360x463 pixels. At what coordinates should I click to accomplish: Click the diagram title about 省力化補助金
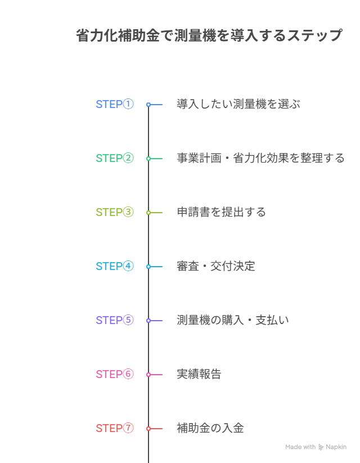209,35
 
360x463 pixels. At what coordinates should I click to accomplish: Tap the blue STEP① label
115,104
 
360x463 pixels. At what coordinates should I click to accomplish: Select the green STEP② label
115,158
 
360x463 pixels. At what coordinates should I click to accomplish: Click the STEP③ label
115,212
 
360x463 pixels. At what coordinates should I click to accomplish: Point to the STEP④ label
115,266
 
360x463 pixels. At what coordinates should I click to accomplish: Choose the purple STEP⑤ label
115,320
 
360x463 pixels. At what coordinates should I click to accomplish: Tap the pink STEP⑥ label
115,375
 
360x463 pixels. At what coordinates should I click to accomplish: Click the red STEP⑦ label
115,429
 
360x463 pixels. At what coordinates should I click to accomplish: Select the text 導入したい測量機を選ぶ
238,104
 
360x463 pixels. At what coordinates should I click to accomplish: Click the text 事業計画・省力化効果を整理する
261,158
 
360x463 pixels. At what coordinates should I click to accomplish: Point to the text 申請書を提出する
222,212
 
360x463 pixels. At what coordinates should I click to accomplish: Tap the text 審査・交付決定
216,266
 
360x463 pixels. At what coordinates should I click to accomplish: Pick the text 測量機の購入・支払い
233,320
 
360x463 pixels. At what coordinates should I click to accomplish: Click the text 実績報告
199,375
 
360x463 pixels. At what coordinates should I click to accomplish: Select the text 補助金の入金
210,429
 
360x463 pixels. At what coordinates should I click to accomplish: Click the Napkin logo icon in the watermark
321,447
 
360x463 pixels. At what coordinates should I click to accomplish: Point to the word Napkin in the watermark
336,447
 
